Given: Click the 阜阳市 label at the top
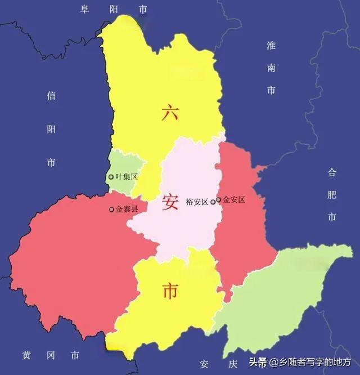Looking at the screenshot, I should pos(114,10).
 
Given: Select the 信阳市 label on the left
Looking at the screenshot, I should pos(51,129).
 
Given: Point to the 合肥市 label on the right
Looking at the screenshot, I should pos(332,194).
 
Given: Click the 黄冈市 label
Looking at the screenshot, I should pos(51,356).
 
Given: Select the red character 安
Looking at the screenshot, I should pos(170,202).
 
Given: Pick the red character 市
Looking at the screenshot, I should pos(170,291).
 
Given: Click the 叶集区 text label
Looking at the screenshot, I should pos(127,177).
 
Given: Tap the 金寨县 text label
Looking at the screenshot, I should pos(127,209).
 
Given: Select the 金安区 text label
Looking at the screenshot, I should pos(234,199).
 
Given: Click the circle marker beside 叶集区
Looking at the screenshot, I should pos(111,177).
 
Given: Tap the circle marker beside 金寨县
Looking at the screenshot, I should pos(111,209).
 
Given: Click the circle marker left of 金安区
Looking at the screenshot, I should pos(218,199).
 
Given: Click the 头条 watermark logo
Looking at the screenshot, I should pos(258,361).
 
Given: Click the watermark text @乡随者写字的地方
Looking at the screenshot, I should pos(310,362).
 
